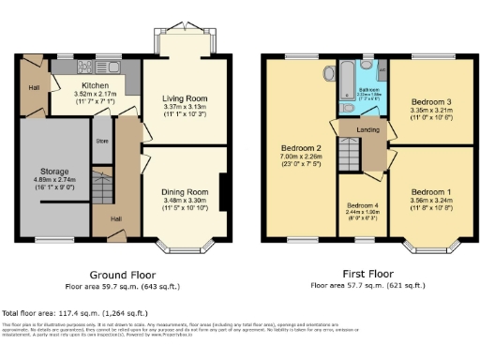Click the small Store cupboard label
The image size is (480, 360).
[101, 143]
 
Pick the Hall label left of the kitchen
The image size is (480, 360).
[34, 87]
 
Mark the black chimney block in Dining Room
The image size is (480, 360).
[222, 187]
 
